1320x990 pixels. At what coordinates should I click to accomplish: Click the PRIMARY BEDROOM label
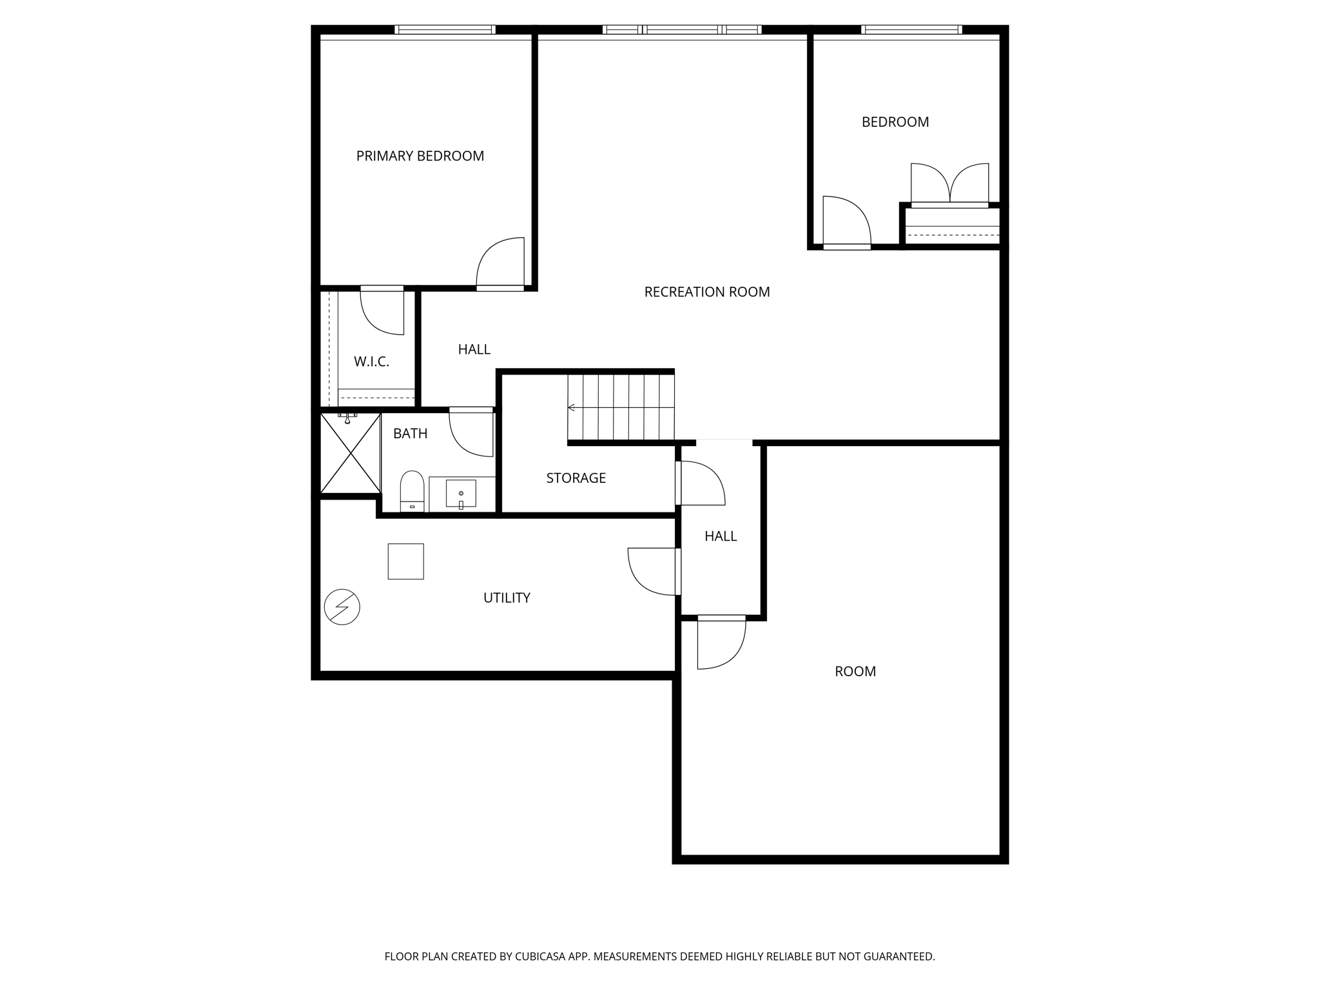pyautogui.click(x=420, y=156)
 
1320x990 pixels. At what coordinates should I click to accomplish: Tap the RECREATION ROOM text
pyautogui.click(x=706, y=292)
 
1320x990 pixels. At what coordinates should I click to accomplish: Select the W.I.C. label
pyautogui.click(x=371, y=362)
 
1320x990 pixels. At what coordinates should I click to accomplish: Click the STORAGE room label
pyautogui.click(x=576, y=478)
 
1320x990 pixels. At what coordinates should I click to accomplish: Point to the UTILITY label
pyautogui.click(x=507, y=598)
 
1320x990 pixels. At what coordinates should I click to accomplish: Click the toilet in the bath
pyautogui.click(x=412, y=490)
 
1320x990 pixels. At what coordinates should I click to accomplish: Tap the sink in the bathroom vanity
pyautogui.click(x=461, y=494)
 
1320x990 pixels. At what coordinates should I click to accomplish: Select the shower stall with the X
pyautogui.click(x=350, y=453)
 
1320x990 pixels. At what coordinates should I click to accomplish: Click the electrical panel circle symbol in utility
pyautogui.click(x=342, y=607)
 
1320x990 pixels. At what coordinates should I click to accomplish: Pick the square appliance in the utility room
pyautogui.click(x=405, y=561)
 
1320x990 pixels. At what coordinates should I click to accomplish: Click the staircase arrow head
pyautogui.click(x=571, y=407)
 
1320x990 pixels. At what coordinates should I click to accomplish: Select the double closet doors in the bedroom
pyautogui.click(x=949, y=184)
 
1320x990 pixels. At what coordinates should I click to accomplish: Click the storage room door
pyautogui.click(x=701, y=483)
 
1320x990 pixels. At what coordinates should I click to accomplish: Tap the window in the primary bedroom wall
pyautogui.click(x=445, y=30)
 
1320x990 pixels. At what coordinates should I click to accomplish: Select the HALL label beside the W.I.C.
pyautogui.click(x=474, y=349)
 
